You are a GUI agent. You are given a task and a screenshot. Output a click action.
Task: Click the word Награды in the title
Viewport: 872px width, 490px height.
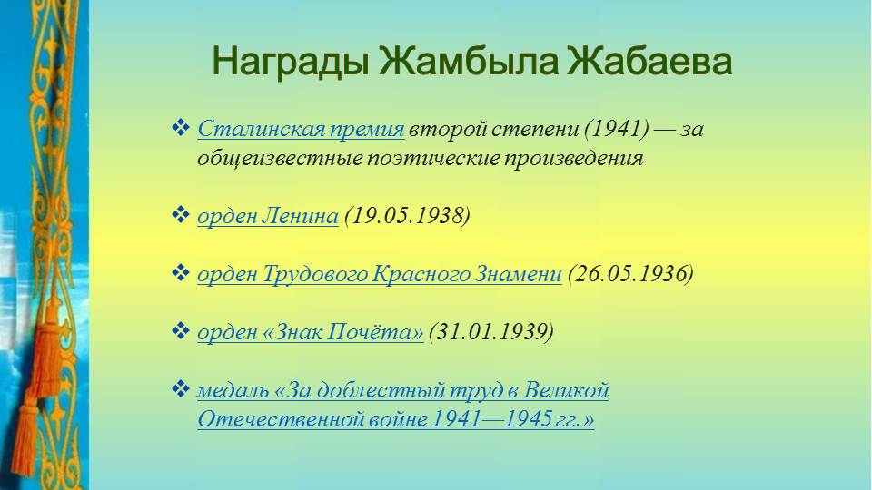click(x=291, y=61)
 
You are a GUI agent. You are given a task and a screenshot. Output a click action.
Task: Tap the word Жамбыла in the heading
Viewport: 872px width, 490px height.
click(x=469, y=61)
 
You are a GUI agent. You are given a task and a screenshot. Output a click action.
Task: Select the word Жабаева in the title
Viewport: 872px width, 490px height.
click(x=649, y=61)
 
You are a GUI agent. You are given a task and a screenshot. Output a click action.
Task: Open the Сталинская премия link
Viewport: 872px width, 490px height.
click(x=301, y=129)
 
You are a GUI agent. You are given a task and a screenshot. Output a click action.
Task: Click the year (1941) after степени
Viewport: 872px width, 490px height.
click(x=616, y=129)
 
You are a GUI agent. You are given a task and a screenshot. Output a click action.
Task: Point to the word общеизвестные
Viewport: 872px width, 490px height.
click(x=280, y=158)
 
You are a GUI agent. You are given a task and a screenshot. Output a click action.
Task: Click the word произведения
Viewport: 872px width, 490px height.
click(x=573, y=158)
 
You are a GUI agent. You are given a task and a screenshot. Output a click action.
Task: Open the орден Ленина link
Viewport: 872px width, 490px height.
click(x=267, y=216)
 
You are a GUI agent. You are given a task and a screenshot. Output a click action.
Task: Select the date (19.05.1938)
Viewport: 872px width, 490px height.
click(x=407, y=216)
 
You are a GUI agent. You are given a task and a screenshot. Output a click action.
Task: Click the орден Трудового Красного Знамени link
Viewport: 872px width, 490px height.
click(x=380, y=274)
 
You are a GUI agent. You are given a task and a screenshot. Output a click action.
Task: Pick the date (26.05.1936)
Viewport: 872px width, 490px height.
click(x=630, y=274)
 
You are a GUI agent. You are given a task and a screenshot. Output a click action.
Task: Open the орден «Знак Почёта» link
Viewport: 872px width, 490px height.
click(x=311, y=332)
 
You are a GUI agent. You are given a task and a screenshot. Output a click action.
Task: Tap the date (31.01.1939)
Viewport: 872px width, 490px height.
click(x=491, y=332)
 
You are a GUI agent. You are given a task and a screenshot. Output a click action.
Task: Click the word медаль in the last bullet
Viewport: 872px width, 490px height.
click(x=233, y=390)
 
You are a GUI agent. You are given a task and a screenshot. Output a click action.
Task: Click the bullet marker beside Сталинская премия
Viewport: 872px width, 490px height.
click(x=180, y=128)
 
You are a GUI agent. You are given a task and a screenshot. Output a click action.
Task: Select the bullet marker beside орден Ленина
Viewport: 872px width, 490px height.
click(x=180, y=214)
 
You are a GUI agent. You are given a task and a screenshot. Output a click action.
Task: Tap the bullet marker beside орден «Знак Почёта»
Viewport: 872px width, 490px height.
click(x=180, y=331)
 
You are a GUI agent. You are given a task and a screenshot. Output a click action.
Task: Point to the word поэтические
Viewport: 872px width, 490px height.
click(x=432, y=158)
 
